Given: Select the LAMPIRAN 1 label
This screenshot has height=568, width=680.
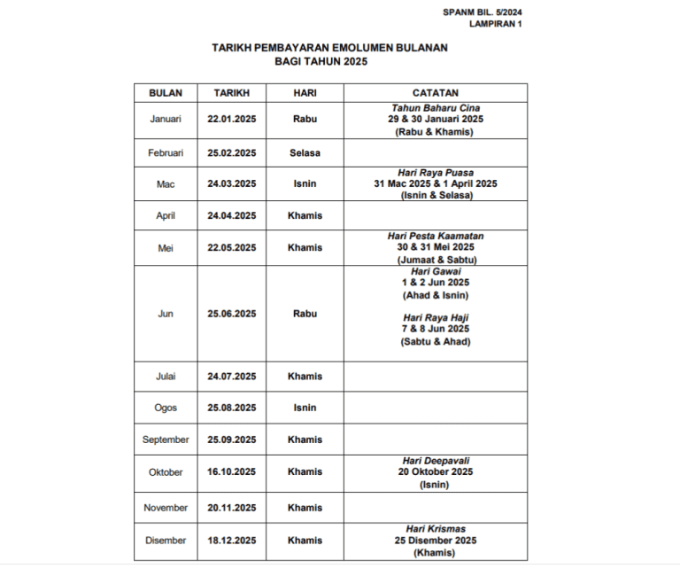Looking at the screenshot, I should click(x=496, y=25).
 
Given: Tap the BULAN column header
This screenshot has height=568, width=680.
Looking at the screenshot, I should click(x=166, y=92).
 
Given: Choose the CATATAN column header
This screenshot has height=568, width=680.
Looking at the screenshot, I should click(x=435, y=92).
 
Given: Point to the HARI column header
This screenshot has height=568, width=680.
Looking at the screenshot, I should click(x=305, y=92).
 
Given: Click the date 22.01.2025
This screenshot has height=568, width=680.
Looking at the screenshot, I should click(x=232, y=119).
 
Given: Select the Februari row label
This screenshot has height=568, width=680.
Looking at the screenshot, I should click(x=166, y=152).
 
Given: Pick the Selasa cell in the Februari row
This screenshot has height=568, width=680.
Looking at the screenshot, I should click(x=305, y=152).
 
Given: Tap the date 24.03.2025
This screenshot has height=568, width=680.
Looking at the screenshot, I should click(x=232, y=184).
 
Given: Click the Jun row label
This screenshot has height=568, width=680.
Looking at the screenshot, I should click(x=166, y=314).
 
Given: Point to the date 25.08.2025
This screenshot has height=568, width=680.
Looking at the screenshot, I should click(x=232, y=408).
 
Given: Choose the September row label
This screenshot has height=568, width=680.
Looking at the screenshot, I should click(x=166, y=440).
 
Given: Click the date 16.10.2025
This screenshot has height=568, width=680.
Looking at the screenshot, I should click(x=232, y=472).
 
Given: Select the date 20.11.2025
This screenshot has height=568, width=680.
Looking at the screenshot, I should click(x=232, y=508).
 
